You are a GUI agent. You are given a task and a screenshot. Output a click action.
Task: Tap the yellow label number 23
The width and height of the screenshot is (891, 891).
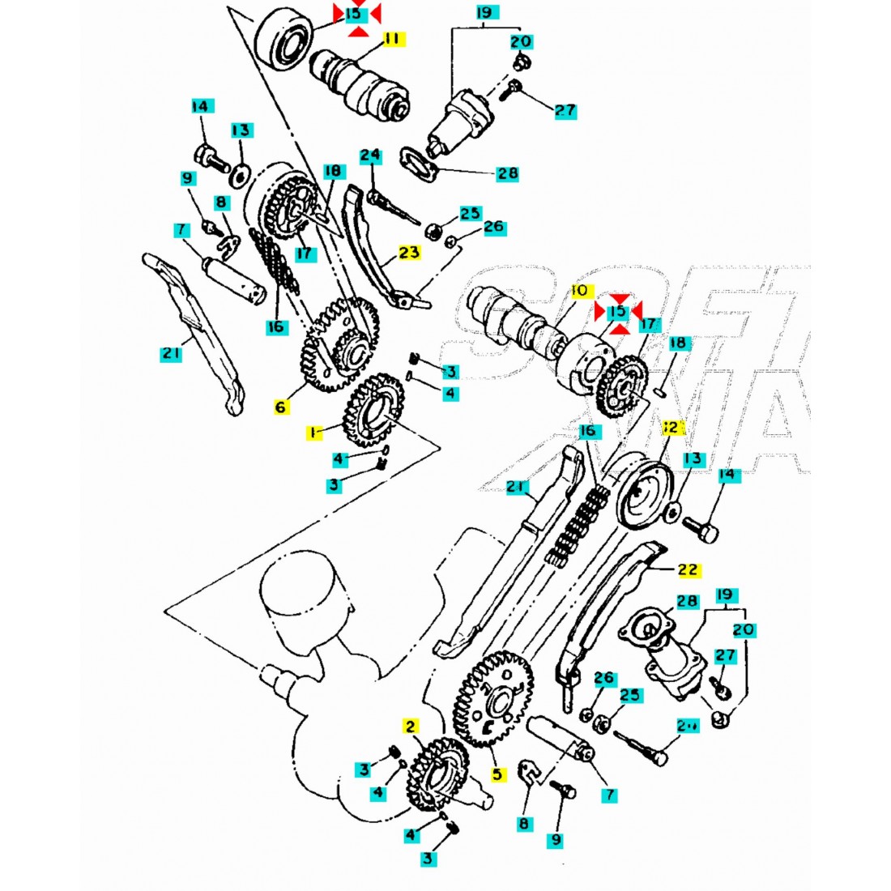[409, 253]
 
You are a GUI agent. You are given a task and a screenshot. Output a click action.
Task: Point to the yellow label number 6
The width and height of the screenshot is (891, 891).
[280, 407]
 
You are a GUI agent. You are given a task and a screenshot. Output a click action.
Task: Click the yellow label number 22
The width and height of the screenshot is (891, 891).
[687, 570]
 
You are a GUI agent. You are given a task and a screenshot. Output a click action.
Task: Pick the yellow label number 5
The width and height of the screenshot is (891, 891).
[497, 774]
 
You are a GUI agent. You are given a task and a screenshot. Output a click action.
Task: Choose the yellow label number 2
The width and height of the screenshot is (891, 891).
[411, 726]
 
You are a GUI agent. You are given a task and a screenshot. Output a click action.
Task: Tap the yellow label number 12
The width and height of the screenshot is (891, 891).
[671, 427]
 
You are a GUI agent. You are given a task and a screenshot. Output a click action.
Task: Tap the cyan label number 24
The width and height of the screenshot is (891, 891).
[370, 155]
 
